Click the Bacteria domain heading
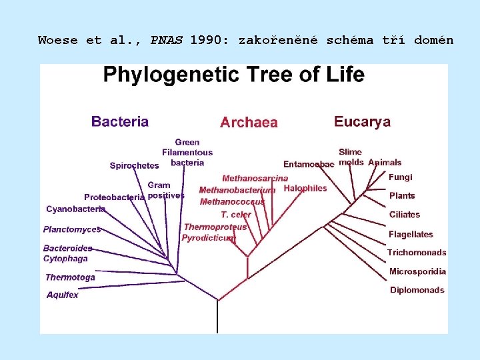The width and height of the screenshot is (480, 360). pos(120,121)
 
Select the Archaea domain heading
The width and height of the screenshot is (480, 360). pos(249,123)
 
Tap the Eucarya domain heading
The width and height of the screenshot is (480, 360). pos(362,121)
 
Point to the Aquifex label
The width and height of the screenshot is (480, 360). pos(62,295)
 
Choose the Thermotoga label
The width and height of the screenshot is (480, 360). pos(70,277)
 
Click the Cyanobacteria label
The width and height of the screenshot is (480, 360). pos(75,209)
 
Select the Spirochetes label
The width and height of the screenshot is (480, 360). pos(134,165)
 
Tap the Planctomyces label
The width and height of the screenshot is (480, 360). pos(72,229)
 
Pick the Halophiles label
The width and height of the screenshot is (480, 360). pos(305,189)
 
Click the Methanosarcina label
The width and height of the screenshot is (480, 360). pos(255,179)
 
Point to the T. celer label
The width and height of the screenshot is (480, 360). pos(236,215)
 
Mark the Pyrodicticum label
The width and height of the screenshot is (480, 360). pos(209,238)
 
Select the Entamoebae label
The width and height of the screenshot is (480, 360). pos(309,165)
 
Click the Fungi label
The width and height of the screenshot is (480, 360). pos(401,177)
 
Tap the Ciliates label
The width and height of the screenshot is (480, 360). pos(405,215)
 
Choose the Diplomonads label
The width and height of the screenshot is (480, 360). pos(417,290)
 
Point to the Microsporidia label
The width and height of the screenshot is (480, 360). pos(417,271)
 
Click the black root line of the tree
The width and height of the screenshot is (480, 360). pos(218,317)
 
